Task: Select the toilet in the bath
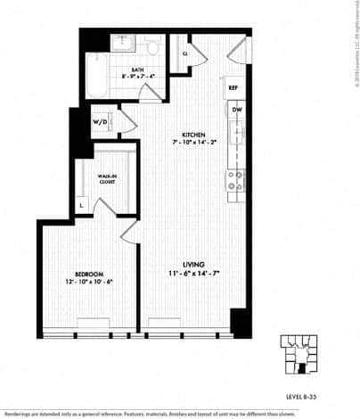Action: click(152, 47)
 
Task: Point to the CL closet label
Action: click(185, 53)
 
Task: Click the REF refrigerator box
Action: click(233, 87)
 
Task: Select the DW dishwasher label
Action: click(236, 109)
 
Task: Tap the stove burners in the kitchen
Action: click(236, 181)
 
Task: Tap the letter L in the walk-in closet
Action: click(82, 206)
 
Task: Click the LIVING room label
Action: click(194, 265)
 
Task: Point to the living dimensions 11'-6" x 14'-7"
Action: click(194, 275)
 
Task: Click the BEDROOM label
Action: click(90, 273)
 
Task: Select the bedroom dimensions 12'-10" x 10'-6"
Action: click(90, 283)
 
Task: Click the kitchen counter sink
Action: click(236, 138)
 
